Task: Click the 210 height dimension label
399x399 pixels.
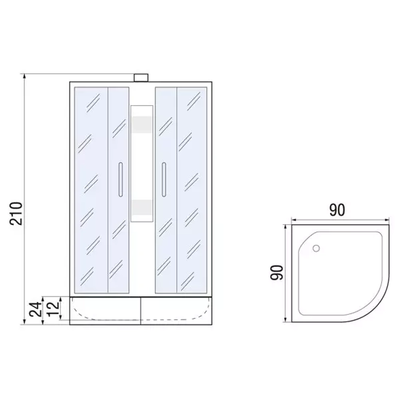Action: pyautogui.click(x=16, y=213)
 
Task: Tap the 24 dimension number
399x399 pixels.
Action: pyautogui.click(x=35, y=309)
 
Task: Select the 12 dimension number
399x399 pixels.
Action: pyautogui.click(x=53, y=309)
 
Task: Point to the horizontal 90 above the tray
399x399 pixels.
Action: pyautogui.click(x=337, y=210)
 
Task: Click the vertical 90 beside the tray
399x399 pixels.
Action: pyautogui.click(x=277, y=273)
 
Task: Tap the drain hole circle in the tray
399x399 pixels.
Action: pyautogui.click(x=316, y=248)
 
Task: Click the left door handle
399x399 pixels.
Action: pyautogui.click(x=120, y=180)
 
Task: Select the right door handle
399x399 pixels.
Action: pyautogui.click(x=164, y=180)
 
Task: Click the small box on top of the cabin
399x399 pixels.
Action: pyautogui.click(x=141, y=78)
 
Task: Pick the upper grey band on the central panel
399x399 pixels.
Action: pyautogui.click(x=142, y=124)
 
